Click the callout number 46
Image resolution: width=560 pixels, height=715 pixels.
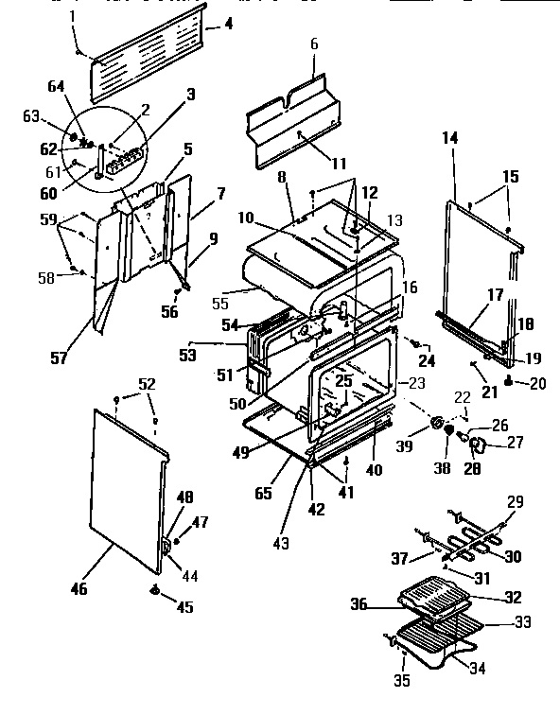pyautogui.click(x=79, y=589)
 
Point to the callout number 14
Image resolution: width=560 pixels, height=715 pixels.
pyautogui.click(x=449, y=137)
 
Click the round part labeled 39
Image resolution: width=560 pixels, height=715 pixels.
pyautogui.click(x=439, y=423)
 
